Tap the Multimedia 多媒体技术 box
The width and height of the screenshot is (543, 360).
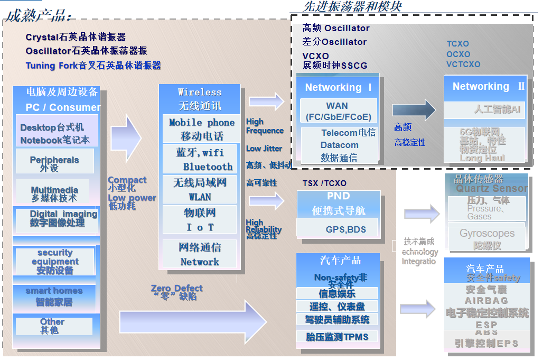(54, 194)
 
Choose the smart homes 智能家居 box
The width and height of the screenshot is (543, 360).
(54, 297)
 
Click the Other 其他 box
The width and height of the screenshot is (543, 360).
(53, 326)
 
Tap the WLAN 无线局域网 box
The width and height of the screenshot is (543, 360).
(200, 189)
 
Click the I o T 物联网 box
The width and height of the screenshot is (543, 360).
(200, 219)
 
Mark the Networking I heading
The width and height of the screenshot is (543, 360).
(338, 88)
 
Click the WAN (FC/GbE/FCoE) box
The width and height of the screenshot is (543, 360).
(338, 111)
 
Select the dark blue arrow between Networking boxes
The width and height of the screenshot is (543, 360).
(414, 110)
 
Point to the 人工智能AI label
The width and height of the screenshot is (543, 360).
(497, 109)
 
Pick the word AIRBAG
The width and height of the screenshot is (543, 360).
(486, 300)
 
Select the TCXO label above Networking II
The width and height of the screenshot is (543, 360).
(457, 44)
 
